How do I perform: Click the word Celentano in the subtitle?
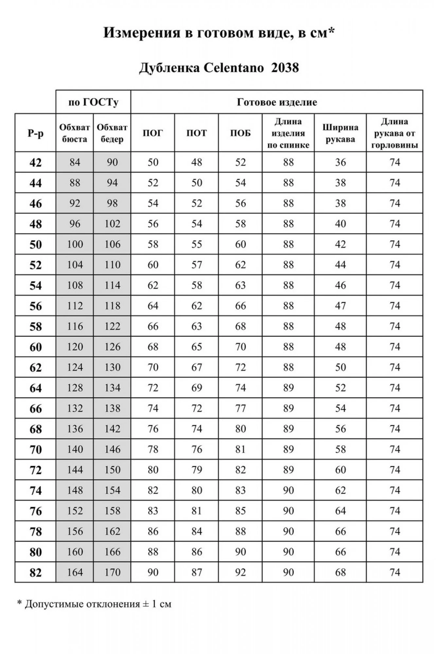234,68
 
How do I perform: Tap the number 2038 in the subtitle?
285,68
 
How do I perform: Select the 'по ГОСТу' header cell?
93,102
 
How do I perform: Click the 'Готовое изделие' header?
277,102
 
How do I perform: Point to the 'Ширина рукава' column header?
340,133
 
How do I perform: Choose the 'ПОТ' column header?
196,133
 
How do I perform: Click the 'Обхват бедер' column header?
112,133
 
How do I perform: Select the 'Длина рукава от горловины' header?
394,133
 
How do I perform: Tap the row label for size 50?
35,245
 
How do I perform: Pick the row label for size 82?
35,573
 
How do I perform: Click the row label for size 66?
35,408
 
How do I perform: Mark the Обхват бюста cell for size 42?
75,162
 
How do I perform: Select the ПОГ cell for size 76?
153,511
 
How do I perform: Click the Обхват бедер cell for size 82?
112,572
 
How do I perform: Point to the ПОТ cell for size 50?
196,244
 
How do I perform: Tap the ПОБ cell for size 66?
240,408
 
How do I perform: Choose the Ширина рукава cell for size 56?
340,306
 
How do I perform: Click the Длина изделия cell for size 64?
288,388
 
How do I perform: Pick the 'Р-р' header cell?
35,133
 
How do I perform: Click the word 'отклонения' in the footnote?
113,604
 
